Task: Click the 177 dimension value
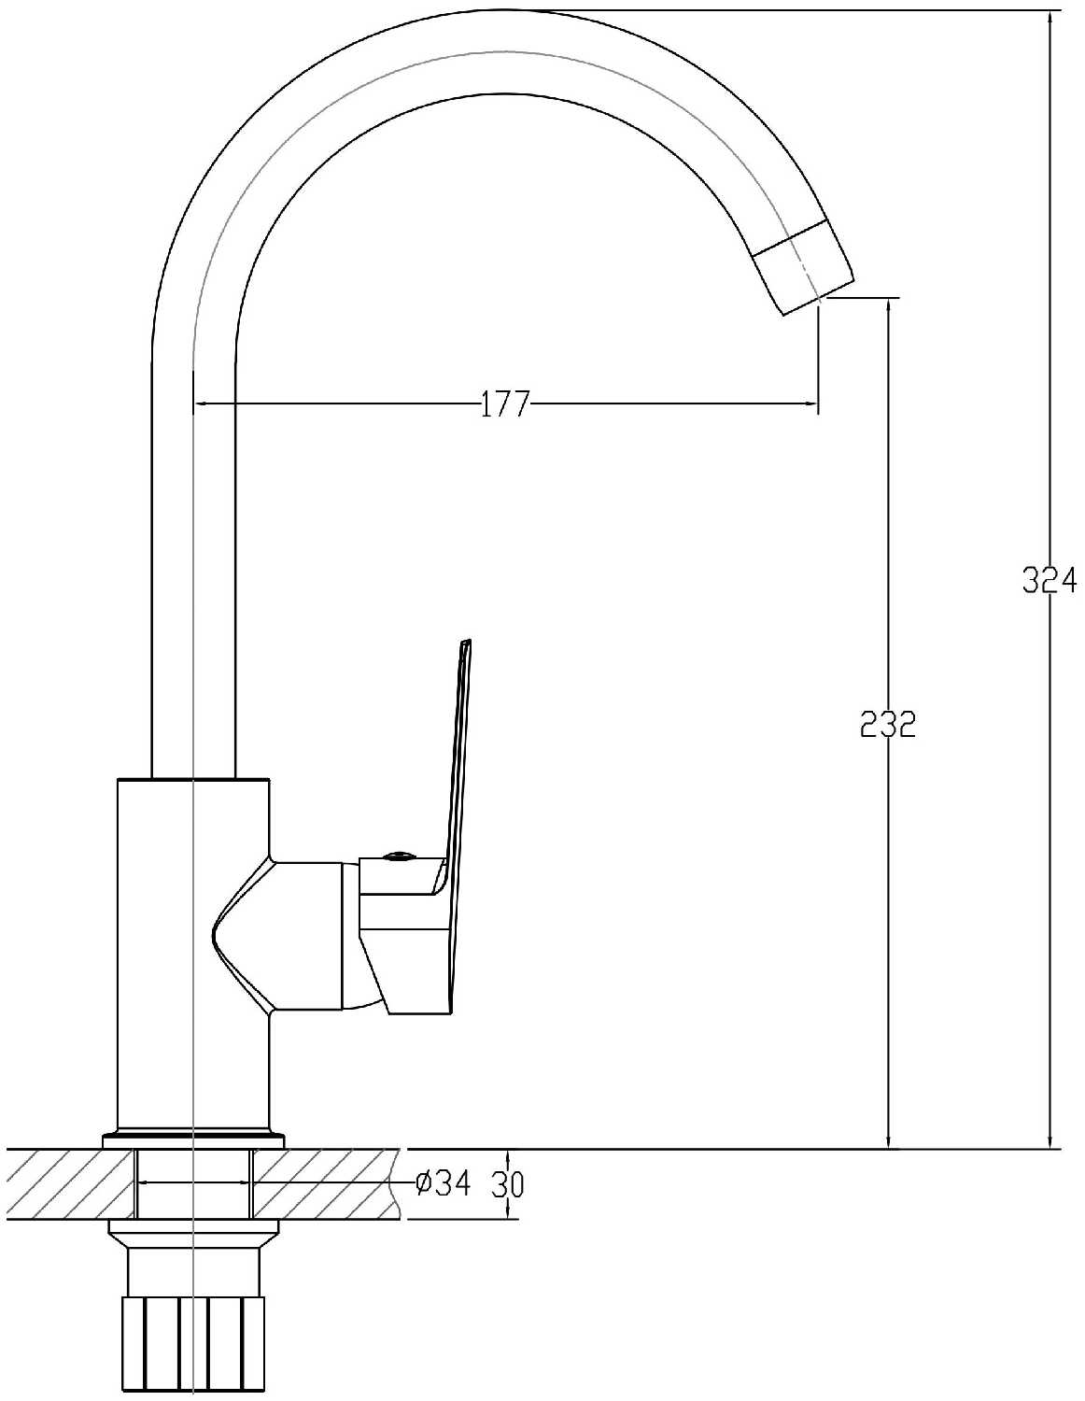[504, 404]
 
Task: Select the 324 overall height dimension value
[1049, 580]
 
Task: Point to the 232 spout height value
[888, 726]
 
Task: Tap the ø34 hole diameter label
[444, 1182]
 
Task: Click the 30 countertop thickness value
[508, 1183]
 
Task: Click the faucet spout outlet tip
[821, 298]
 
